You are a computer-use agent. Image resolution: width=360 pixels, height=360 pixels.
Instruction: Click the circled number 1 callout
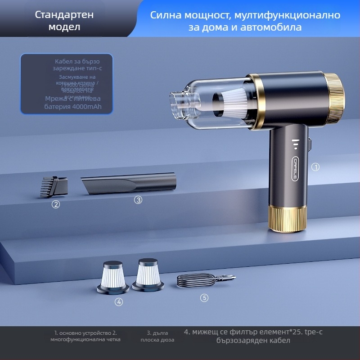pos(315,167)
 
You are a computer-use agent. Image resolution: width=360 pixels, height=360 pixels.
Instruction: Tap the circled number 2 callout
pos(56,204)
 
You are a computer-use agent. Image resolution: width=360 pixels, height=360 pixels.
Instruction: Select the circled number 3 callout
pos(138,200)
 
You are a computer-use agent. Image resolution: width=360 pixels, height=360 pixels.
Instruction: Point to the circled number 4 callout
pos(119,302)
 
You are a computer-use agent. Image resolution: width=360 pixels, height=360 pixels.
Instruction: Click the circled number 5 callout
pos(204,297)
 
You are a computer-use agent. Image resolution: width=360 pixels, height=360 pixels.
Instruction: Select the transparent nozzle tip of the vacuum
pos(177,106)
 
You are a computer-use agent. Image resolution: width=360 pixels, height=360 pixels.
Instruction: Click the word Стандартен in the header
pos(64,14)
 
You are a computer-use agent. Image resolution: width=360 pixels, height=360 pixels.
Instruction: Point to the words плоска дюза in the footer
pos(157,340)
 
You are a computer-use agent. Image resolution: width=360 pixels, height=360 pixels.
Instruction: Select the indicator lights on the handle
pos(295,144)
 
